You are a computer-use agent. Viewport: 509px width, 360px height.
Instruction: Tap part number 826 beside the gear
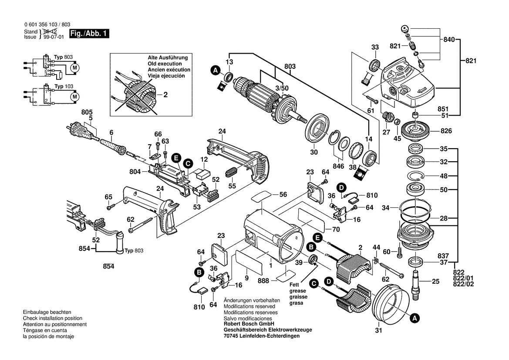point(446,131)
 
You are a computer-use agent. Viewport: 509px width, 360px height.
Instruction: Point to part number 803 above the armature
point(290,66)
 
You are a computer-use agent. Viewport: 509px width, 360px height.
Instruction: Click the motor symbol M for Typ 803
point(75,68)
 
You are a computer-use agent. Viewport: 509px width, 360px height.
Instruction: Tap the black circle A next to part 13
point(215,70)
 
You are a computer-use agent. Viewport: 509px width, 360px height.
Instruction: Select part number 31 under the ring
point(378,331)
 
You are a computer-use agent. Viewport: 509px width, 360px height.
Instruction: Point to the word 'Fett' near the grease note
point(294,285)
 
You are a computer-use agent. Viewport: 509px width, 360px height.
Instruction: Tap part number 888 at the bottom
point(263,281)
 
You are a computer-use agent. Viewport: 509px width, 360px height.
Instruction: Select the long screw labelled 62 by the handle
point(142,225)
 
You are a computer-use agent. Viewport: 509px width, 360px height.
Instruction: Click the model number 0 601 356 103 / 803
point(47,25)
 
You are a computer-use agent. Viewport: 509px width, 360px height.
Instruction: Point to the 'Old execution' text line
point(165,64)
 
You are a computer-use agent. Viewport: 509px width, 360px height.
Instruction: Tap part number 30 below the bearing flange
point(314,152)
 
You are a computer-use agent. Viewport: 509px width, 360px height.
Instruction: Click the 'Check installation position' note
point(53,319)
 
